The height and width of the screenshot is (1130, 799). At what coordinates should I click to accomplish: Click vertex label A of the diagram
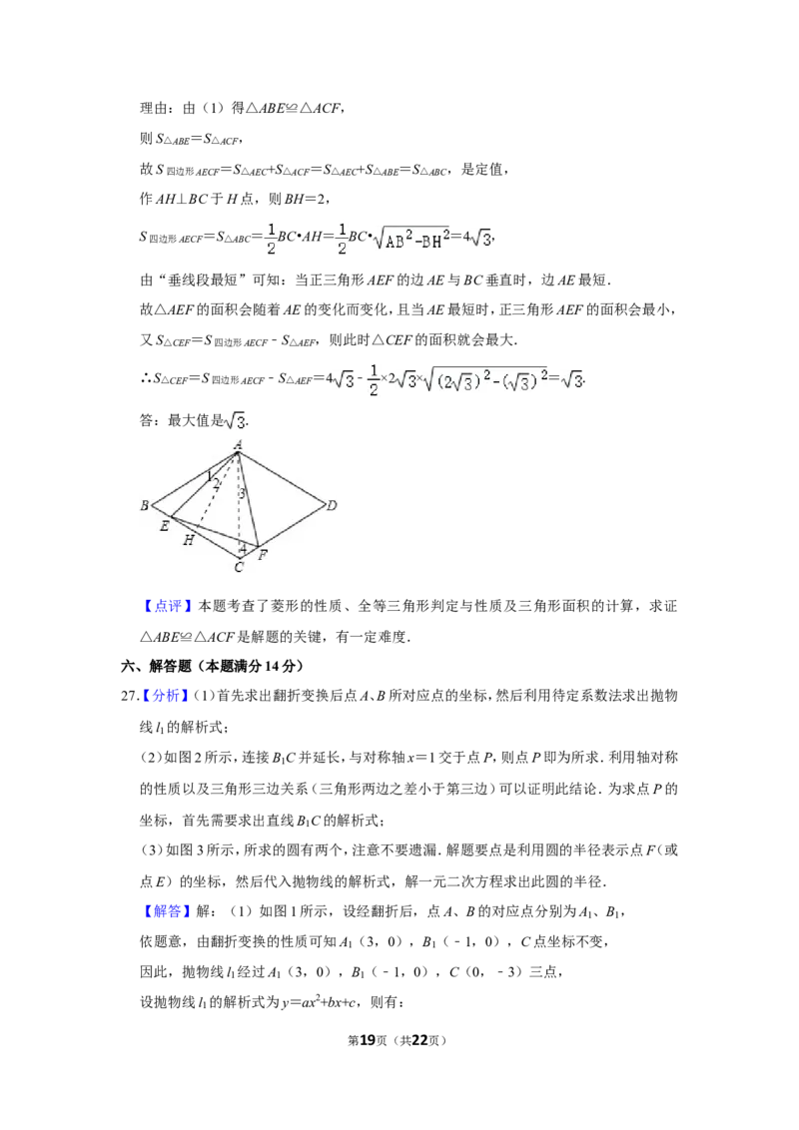click(x=238, y=444)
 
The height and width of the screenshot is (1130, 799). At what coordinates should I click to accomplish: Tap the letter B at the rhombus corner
click(x=145, y=506)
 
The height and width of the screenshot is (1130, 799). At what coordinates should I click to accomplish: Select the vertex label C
click(x=238, y=568)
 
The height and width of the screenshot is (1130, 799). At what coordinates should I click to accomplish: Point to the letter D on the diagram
click(x=333, y=506)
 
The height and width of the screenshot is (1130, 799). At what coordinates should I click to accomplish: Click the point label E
click(x=164, y=526)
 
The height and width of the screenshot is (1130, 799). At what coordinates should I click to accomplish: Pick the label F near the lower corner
click(x=262, y=555)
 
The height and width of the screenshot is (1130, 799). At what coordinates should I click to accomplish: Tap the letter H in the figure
click(x=188, y=540)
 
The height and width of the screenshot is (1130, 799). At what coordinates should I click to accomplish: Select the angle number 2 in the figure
click(x=216, y=484)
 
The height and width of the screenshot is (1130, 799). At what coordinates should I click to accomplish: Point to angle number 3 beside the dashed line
click(x=241, y=493)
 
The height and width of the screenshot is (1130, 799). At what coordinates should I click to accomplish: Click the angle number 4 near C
click(x=242, y=547)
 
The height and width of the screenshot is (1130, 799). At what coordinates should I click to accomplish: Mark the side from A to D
click(x=283, y=478)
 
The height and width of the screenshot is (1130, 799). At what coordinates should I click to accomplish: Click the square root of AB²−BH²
click(x=411, y=240)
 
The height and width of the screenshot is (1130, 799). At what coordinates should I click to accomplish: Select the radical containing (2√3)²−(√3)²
click(x=484, y=380)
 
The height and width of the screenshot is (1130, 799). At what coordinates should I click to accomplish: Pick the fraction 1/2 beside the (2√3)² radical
click(x=371, y=379)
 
